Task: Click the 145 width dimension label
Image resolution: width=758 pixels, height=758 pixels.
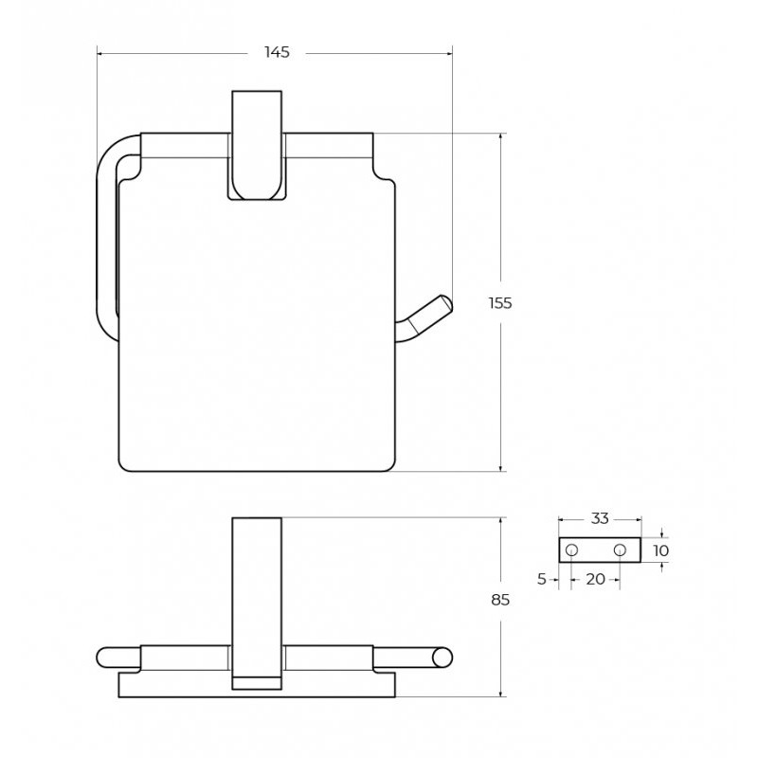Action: click(277, 52)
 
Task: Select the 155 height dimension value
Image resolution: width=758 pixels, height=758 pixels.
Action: click(500, 303)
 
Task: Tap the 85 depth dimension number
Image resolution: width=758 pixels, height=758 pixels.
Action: click(500, 600)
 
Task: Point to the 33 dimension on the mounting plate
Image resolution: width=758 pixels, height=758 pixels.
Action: click(600, 518)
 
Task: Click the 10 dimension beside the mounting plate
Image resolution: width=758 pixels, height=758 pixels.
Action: click(660, 550)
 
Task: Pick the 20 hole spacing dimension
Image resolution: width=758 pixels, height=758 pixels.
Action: click(595, 579)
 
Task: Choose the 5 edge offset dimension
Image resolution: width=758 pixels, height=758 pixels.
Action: click(541, 579)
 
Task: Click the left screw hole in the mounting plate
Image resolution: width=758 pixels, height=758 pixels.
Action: click(571, 550)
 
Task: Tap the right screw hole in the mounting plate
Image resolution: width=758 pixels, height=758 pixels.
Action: click(620, 550)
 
